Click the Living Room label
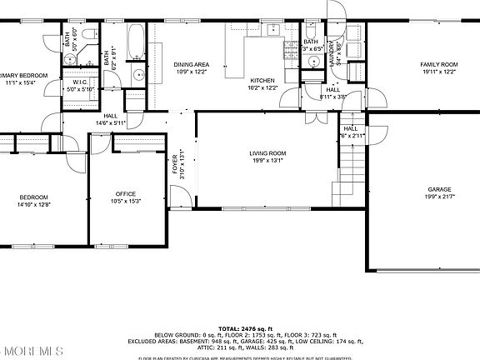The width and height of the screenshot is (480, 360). click(x=267, y=153)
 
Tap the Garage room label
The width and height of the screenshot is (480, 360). click(x=439, y=189)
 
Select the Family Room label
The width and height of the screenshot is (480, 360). click(x=439, y=64)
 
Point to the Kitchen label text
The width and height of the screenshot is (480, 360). click(x=262, y=81)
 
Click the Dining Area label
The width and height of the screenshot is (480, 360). click(x=191, y=64)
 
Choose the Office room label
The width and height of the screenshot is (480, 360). click(x=126, y=193)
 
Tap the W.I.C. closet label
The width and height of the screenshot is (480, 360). click(x=81, y=82)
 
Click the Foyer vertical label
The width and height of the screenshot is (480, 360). click(x=176, y=166)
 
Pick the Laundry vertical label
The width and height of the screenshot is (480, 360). click(x=331, y=52)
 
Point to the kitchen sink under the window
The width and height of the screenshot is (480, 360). click(x=272, y=32)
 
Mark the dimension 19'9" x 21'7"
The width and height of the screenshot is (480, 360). click(x=439, y=196)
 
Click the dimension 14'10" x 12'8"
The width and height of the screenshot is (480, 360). click(x=34, y=204)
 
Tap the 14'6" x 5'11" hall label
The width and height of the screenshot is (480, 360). click(x=111, y=123)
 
